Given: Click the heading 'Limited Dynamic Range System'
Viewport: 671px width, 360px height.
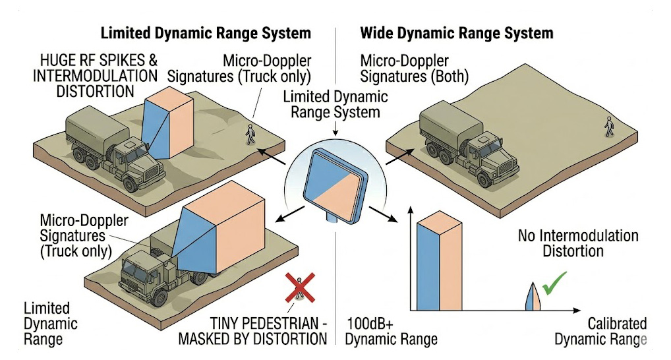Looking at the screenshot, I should tap(205, 33).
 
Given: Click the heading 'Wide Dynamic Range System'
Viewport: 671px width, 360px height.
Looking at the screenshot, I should tap(457, 33).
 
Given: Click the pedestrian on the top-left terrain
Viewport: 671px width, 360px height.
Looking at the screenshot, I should tap(250, 133).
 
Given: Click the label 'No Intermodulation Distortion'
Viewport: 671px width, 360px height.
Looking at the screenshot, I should tap(578, 243).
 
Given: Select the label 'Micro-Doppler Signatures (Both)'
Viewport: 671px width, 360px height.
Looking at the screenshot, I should tap(414, 69).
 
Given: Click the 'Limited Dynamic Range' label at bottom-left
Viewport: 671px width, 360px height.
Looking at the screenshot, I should tap(51, 324).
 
